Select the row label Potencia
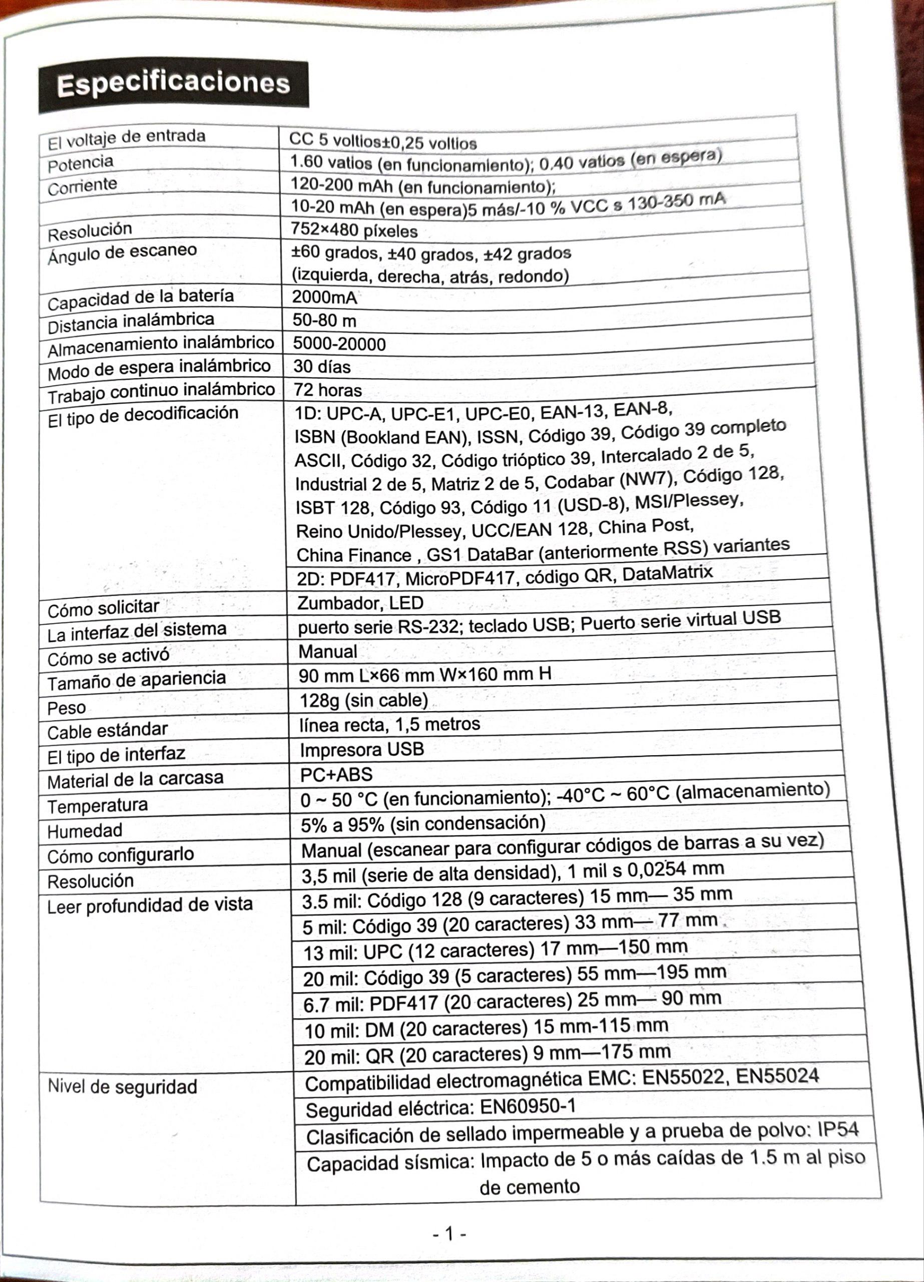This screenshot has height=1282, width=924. click(x=80, y=164)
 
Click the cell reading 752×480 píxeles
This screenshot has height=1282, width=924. click(x=354, y=231)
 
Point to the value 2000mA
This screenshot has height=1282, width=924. click(x=324, y=297)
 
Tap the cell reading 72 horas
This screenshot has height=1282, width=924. click(x=328, y=390)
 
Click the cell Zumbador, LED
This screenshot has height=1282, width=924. click(x=360, y=603)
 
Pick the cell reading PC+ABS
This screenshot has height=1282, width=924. click(x=336, y=774)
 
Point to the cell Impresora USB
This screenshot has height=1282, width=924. click(x=362, y=750)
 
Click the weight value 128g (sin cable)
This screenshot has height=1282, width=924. click(x=363, y=701)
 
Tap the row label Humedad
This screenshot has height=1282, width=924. click(x=85, y=830)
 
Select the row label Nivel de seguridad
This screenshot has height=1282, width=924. click(x=122, y=1086)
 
